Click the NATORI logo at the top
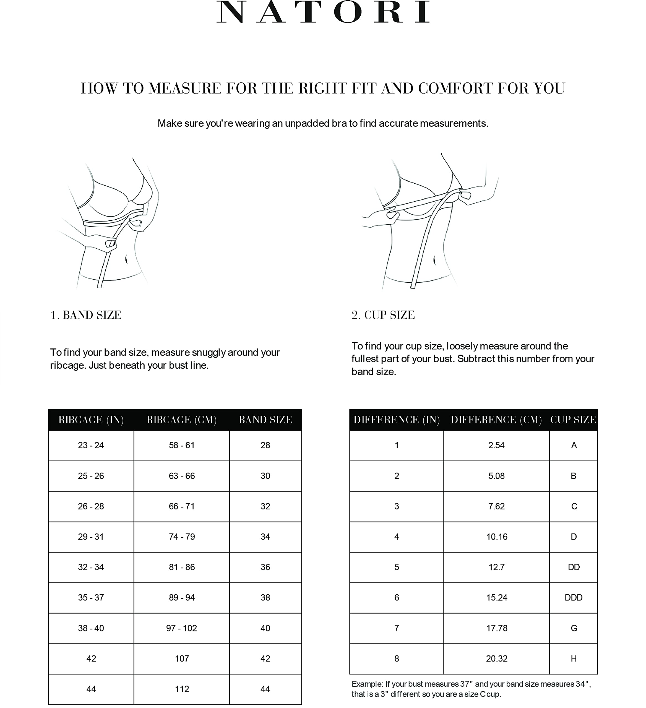(323, 12)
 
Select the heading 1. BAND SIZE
(86, 315)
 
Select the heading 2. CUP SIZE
(383, 315)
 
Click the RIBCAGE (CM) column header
(181, 420)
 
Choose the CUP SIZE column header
(573, 420)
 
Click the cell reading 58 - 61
(181, 445)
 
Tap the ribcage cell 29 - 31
(91, 537)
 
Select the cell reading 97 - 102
(181, 628)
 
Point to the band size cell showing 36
(265, 567)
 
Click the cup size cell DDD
(573, 598)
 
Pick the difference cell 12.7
(496, 567)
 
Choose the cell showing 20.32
(496, 658)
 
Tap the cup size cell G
(574, 628)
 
